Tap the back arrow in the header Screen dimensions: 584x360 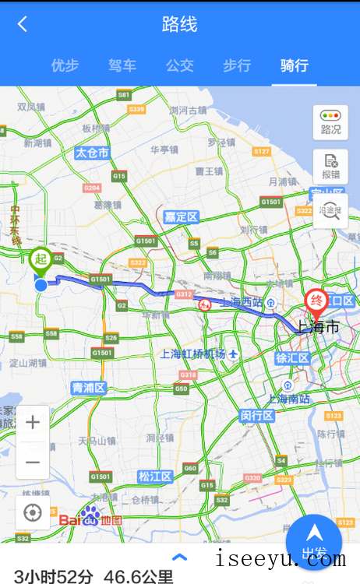tap(22, 24)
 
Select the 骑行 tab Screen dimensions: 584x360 tap(295, 65)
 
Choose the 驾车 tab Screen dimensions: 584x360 tap(122, 65)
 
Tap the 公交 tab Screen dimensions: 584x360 tap(179, 65)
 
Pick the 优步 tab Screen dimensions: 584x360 tap(65, 65)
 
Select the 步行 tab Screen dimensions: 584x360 tap(237, 65)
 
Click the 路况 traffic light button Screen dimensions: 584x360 tap(330, 122)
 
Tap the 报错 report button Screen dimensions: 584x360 tap(330, 166)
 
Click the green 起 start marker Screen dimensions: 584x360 tap(41, 260)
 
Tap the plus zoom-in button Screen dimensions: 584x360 tap(33, 423)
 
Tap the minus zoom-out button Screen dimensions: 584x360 tap(33, 462)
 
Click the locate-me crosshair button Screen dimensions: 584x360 tap(33, 512)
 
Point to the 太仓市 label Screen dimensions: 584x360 tap(92, 153)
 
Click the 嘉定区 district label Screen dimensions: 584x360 tap(181, 216)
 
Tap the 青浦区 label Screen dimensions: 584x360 tap(87, 387)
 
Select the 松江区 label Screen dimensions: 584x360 tap(154, 476)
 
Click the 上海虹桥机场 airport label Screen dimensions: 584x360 tap(193, 354)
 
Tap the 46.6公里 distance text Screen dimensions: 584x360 tap(139, 576)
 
